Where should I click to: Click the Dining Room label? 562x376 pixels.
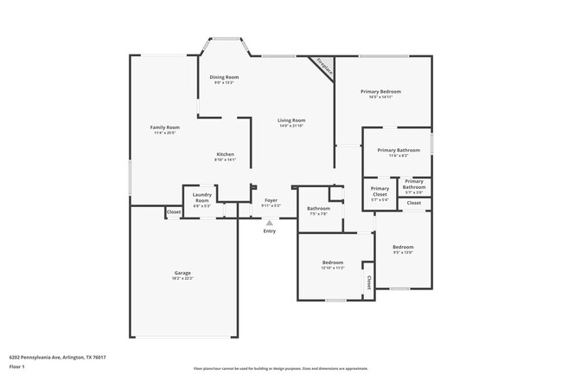[224, 77]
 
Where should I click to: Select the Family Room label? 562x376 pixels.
[165, 127]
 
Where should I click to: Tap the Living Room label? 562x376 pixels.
[291, 120]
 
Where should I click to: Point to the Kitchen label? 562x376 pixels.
[225, 154]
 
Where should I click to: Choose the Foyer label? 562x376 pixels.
[271, 200]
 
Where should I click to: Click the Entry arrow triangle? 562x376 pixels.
[270, 223]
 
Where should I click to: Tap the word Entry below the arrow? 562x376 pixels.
[270, 230]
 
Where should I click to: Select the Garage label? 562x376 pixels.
[182, 273]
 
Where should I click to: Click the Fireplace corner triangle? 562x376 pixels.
[323, 65]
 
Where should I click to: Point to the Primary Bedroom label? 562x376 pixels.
[380, 91]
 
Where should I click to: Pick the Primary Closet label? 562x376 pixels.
[380, 191]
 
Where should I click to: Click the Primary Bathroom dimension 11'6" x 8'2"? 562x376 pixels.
[399, 156]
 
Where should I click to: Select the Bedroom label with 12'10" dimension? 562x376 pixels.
[333, 263]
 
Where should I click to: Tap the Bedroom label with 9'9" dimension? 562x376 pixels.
[403, 246]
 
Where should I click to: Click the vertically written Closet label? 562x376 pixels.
[369, 282]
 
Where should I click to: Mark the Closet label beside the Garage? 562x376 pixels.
[174, 212]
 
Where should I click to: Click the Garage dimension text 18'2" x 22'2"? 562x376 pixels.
[182, 279]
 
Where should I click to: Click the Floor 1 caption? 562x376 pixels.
[17, 366]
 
